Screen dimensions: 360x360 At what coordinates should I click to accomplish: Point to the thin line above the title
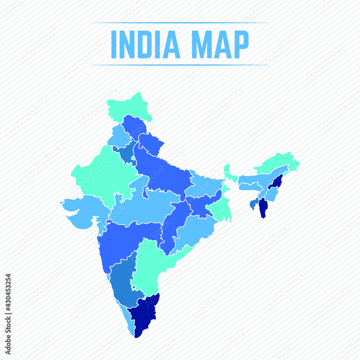[180, 23]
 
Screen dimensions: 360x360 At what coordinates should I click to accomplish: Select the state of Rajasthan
[101, 173]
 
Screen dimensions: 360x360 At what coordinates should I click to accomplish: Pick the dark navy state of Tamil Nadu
[144, 313]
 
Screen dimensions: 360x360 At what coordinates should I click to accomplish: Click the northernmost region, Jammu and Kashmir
[130, 104]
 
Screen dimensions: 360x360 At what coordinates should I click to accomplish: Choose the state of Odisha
[193, 230]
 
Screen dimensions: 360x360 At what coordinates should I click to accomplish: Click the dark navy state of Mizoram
[264, 208]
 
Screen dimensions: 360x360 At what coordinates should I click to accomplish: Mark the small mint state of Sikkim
[227, 168]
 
